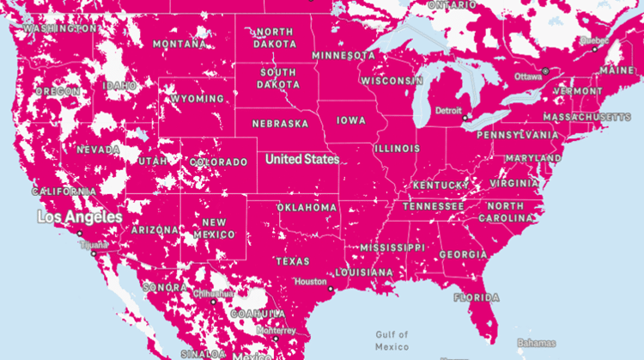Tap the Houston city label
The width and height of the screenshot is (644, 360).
coord(310,281)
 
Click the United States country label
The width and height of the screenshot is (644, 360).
coord(301,159)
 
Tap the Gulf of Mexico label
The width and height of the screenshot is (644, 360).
coord(392,340)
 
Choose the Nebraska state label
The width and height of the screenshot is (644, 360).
coord(280,124)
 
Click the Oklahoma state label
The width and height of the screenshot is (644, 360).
coord(307,207)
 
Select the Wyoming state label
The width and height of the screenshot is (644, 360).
coord(197,99)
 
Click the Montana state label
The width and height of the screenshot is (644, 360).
coord(179,44)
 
